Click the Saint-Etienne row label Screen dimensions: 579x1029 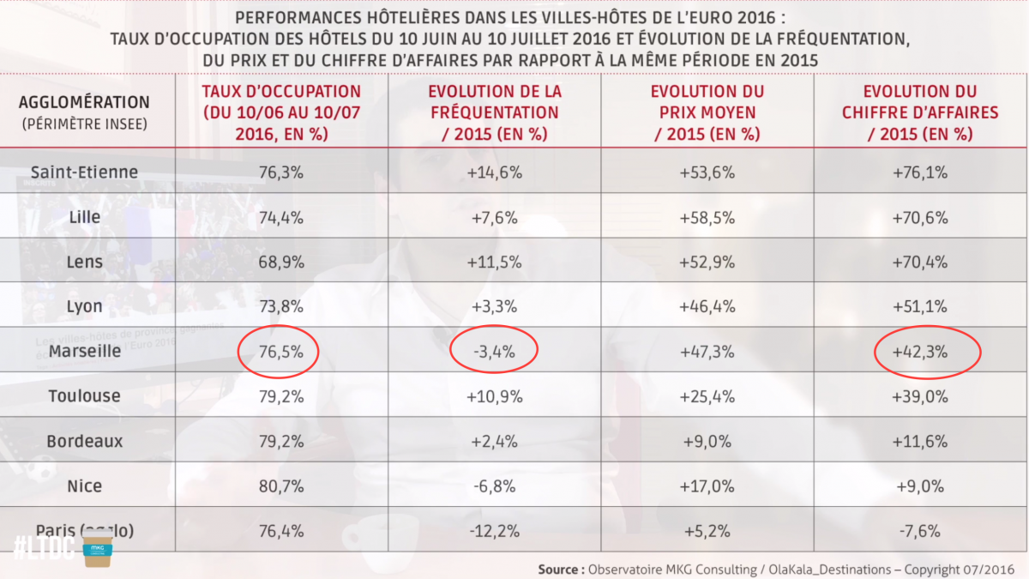[84, 172]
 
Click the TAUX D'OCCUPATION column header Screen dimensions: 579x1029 [281, 112]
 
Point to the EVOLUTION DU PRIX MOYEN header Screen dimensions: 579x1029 [707, 112]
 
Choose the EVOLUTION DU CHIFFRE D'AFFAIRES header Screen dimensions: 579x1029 [920, 112]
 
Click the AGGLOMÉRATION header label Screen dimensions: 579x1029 [84, 102]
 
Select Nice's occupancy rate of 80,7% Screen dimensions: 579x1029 [281, 486]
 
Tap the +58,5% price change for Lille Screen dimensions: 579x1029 [707, 218]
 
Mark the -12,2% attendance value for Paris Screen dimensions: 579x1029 [494, 531]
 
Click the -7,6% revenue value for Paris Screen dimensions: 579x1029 [920, 531]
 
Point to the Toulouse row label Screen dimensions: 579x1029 [84, 396]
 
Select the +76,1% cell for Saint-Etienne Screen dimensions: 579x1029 [920, 172]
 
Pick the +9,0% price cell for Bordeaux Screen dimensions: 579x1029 [707, 442]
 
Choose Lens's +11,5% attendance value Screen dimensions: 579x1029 [494, 262]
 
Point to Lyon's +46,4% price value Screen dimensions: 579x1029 [707, 307]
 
